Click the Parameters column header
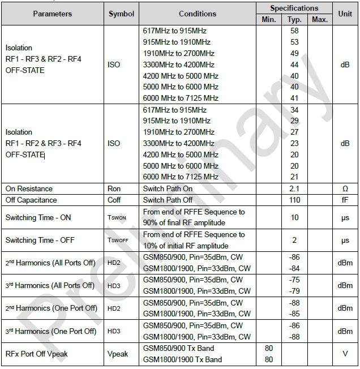coord(53,14)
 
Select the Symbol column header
coord(121,14)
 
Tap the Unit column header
coord(345,14)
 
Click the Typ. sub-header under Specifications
coord(294,20)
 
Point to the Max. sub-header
coord(320,20)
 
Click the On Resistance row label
coord(29,188)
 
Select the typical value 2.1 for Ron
coord(294,188)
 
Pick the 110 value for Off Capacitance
coord(294,200)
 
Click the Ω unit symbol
coord(345,188)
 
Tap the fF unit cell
coord(345,200)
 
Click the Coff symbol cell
coord(114,200)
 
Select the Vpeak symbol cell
coord(118,354)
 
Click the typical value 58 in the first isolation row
coord(294,31)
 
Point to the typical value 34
coord(294,110)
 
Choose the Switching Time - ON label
coord(38,217)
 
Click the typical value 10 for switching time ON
coord(294,217)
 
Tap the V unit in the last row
coord(345,354)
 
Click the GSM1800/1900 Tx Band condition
coord(182,359)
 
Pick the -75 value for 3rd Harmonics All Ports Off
coord(294,280)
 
